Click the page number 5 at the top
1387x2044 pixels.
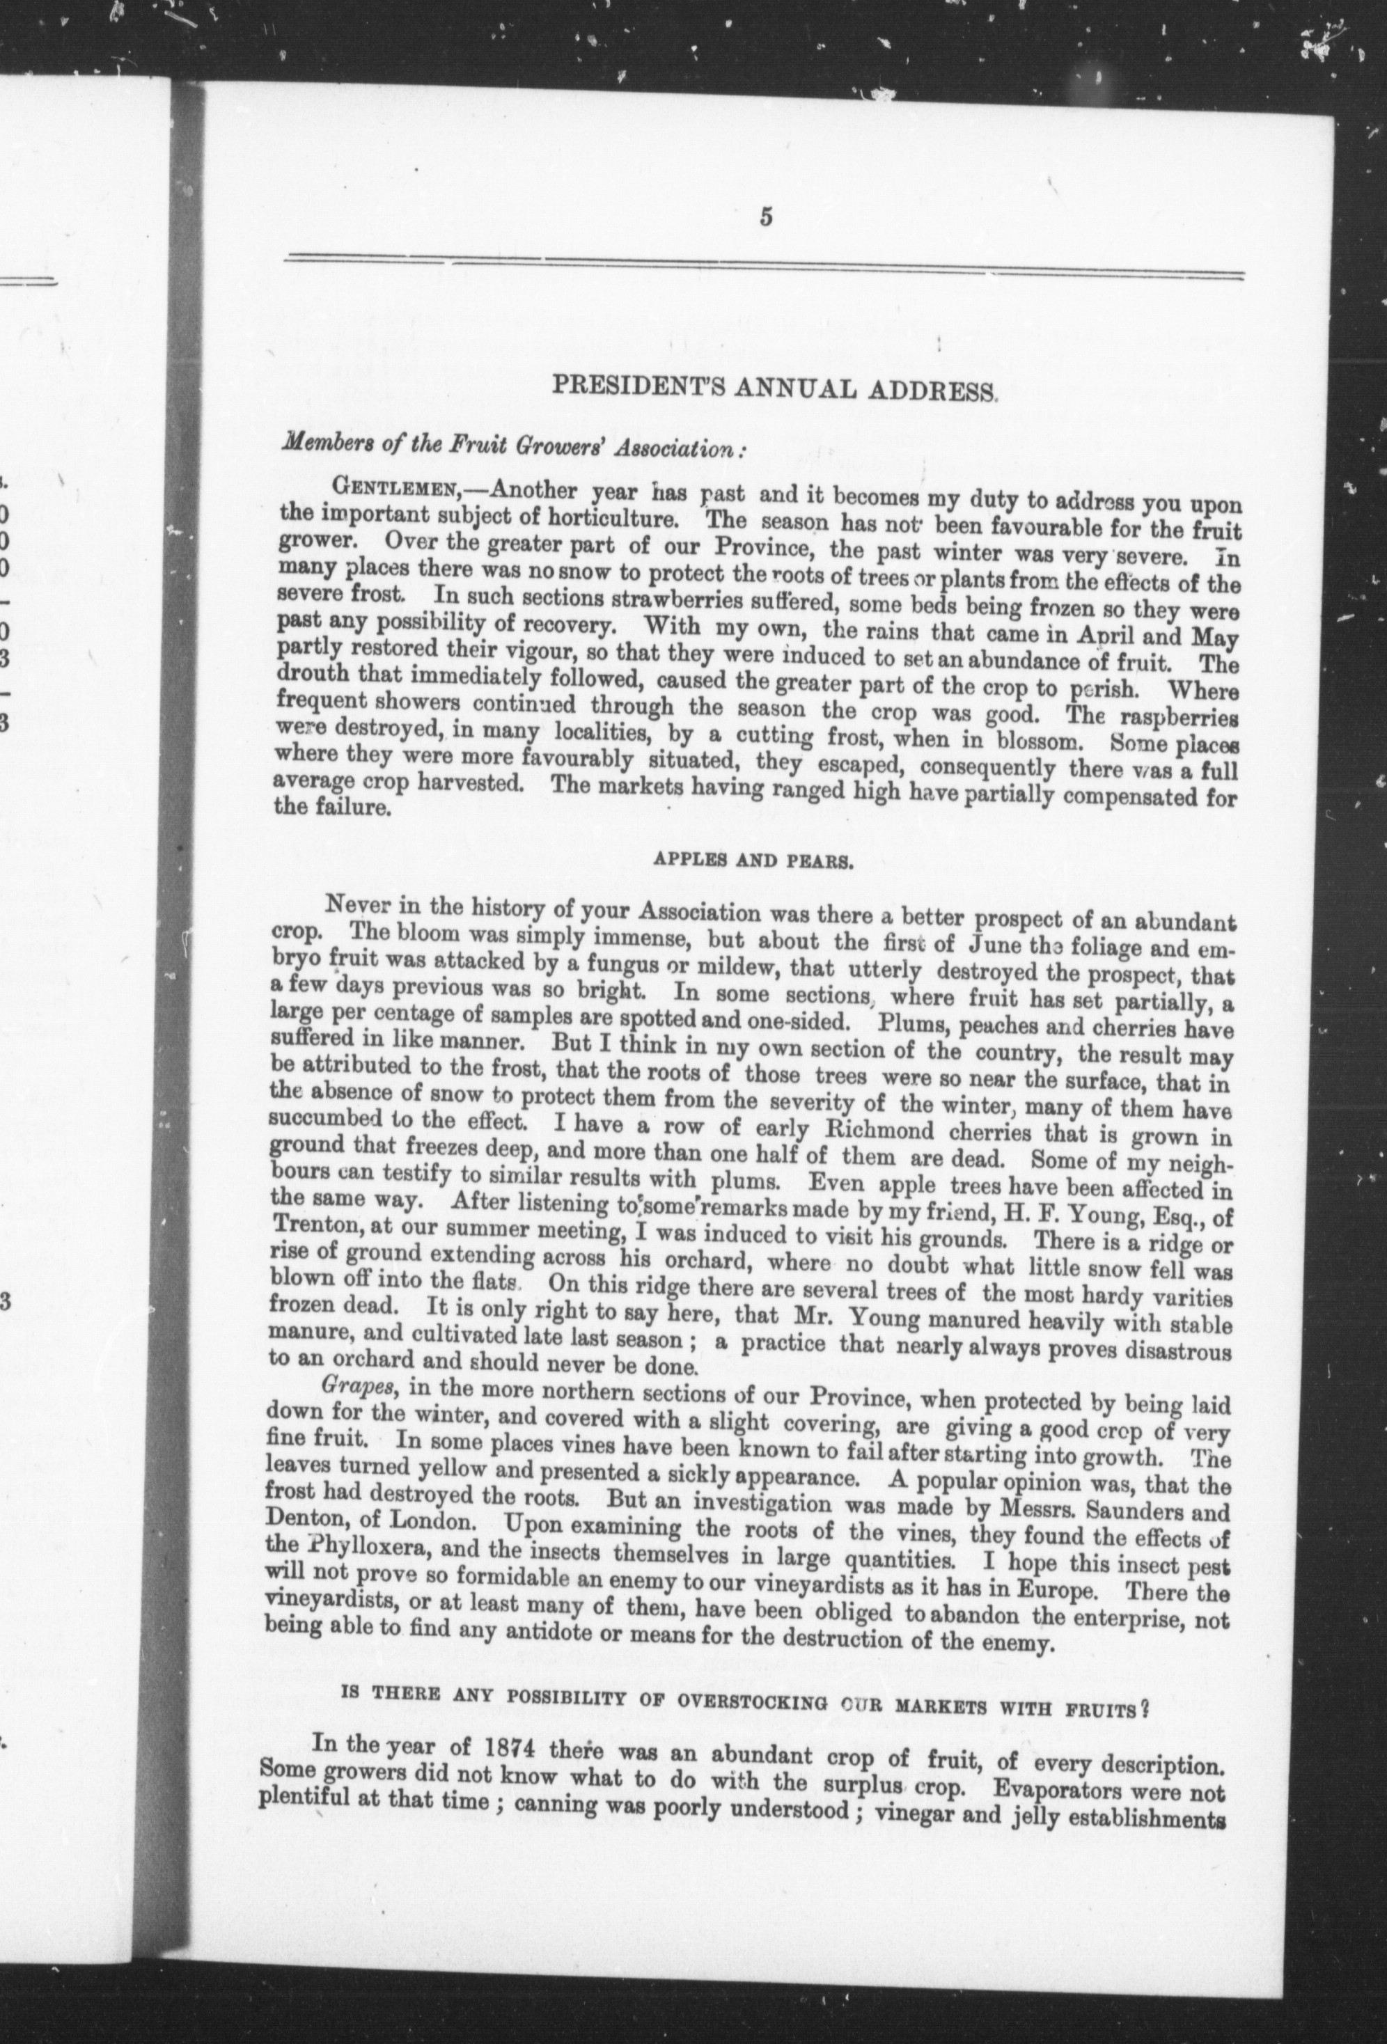[766, 217]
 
